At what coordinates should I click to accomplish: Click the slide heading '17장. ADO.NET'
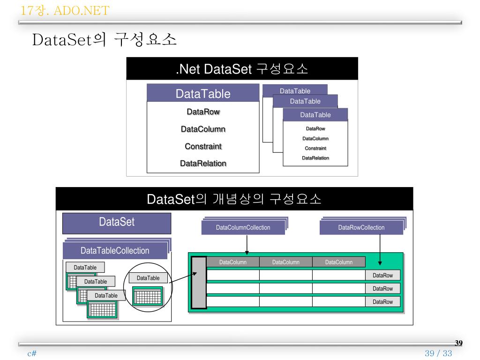tap(65, 11)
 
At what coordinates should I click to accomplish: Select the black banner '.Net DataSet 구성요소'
tap(242, 68)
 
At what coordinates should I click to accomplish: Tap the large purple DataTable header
tap(203, 93)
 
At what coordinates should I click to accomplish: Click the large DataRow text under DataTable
tap(203, 112)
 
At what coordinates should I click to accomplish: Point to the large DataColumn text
tap(203, 129)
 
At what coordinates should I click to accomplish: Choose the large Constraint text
tap(203, 146)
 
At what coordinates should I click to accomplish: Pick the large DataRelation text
tap(203, 164)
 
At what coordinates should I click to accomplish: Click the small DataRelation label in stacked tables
tap(315, 158)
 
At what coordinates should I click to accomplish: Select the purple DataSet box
tap(117, 223)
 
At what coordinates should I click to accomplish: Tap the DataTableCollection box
tap(115, 250)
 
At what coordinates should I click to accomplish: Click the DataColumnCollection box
tap(243, 227)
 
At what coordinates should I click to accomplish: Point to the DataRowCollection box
tap(361, 227)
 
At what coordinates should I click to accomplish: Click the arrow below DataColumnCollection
tap(247, 245)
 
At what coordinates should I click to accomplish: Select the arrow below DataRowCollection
tap(380, 250)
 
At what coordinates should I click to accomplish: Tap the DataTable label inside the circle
tap(148, 278)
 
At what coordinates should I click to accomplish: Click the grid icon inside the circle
tap(148, 296)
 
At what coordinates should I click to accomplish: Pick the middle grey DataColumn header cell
tap(286, 262)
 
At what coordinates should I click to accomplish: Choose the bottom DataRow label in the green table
tap(382, 302)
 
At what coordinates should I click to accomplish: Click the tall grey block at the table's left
tap(199, 282)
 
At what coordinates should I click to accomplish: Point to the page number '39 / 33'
tap(438, 353)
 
